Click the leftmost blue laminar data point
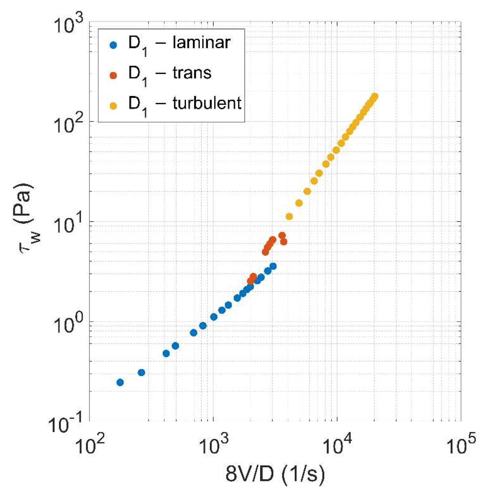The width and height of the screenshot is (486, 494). pos(120,382)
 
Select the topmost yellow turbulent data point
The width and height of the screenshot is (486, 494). pos(375,96)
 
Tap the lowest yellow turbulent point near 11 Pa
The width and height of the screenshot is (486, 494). pos(289,217)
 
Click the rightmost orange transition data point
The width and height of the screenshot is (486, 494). pos(284,242)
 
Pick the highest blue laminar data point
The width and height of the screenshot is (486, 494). pos(273,266)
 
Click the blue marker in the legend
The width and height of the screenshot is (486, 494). pos(113,45)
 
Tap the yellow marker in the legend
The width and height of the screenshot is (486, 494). pos(113,106)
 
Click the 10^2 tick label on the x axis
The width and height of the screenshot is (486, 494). pos(89,445)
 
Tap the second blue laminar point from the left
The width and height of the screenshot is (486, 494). pos(141,373)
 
